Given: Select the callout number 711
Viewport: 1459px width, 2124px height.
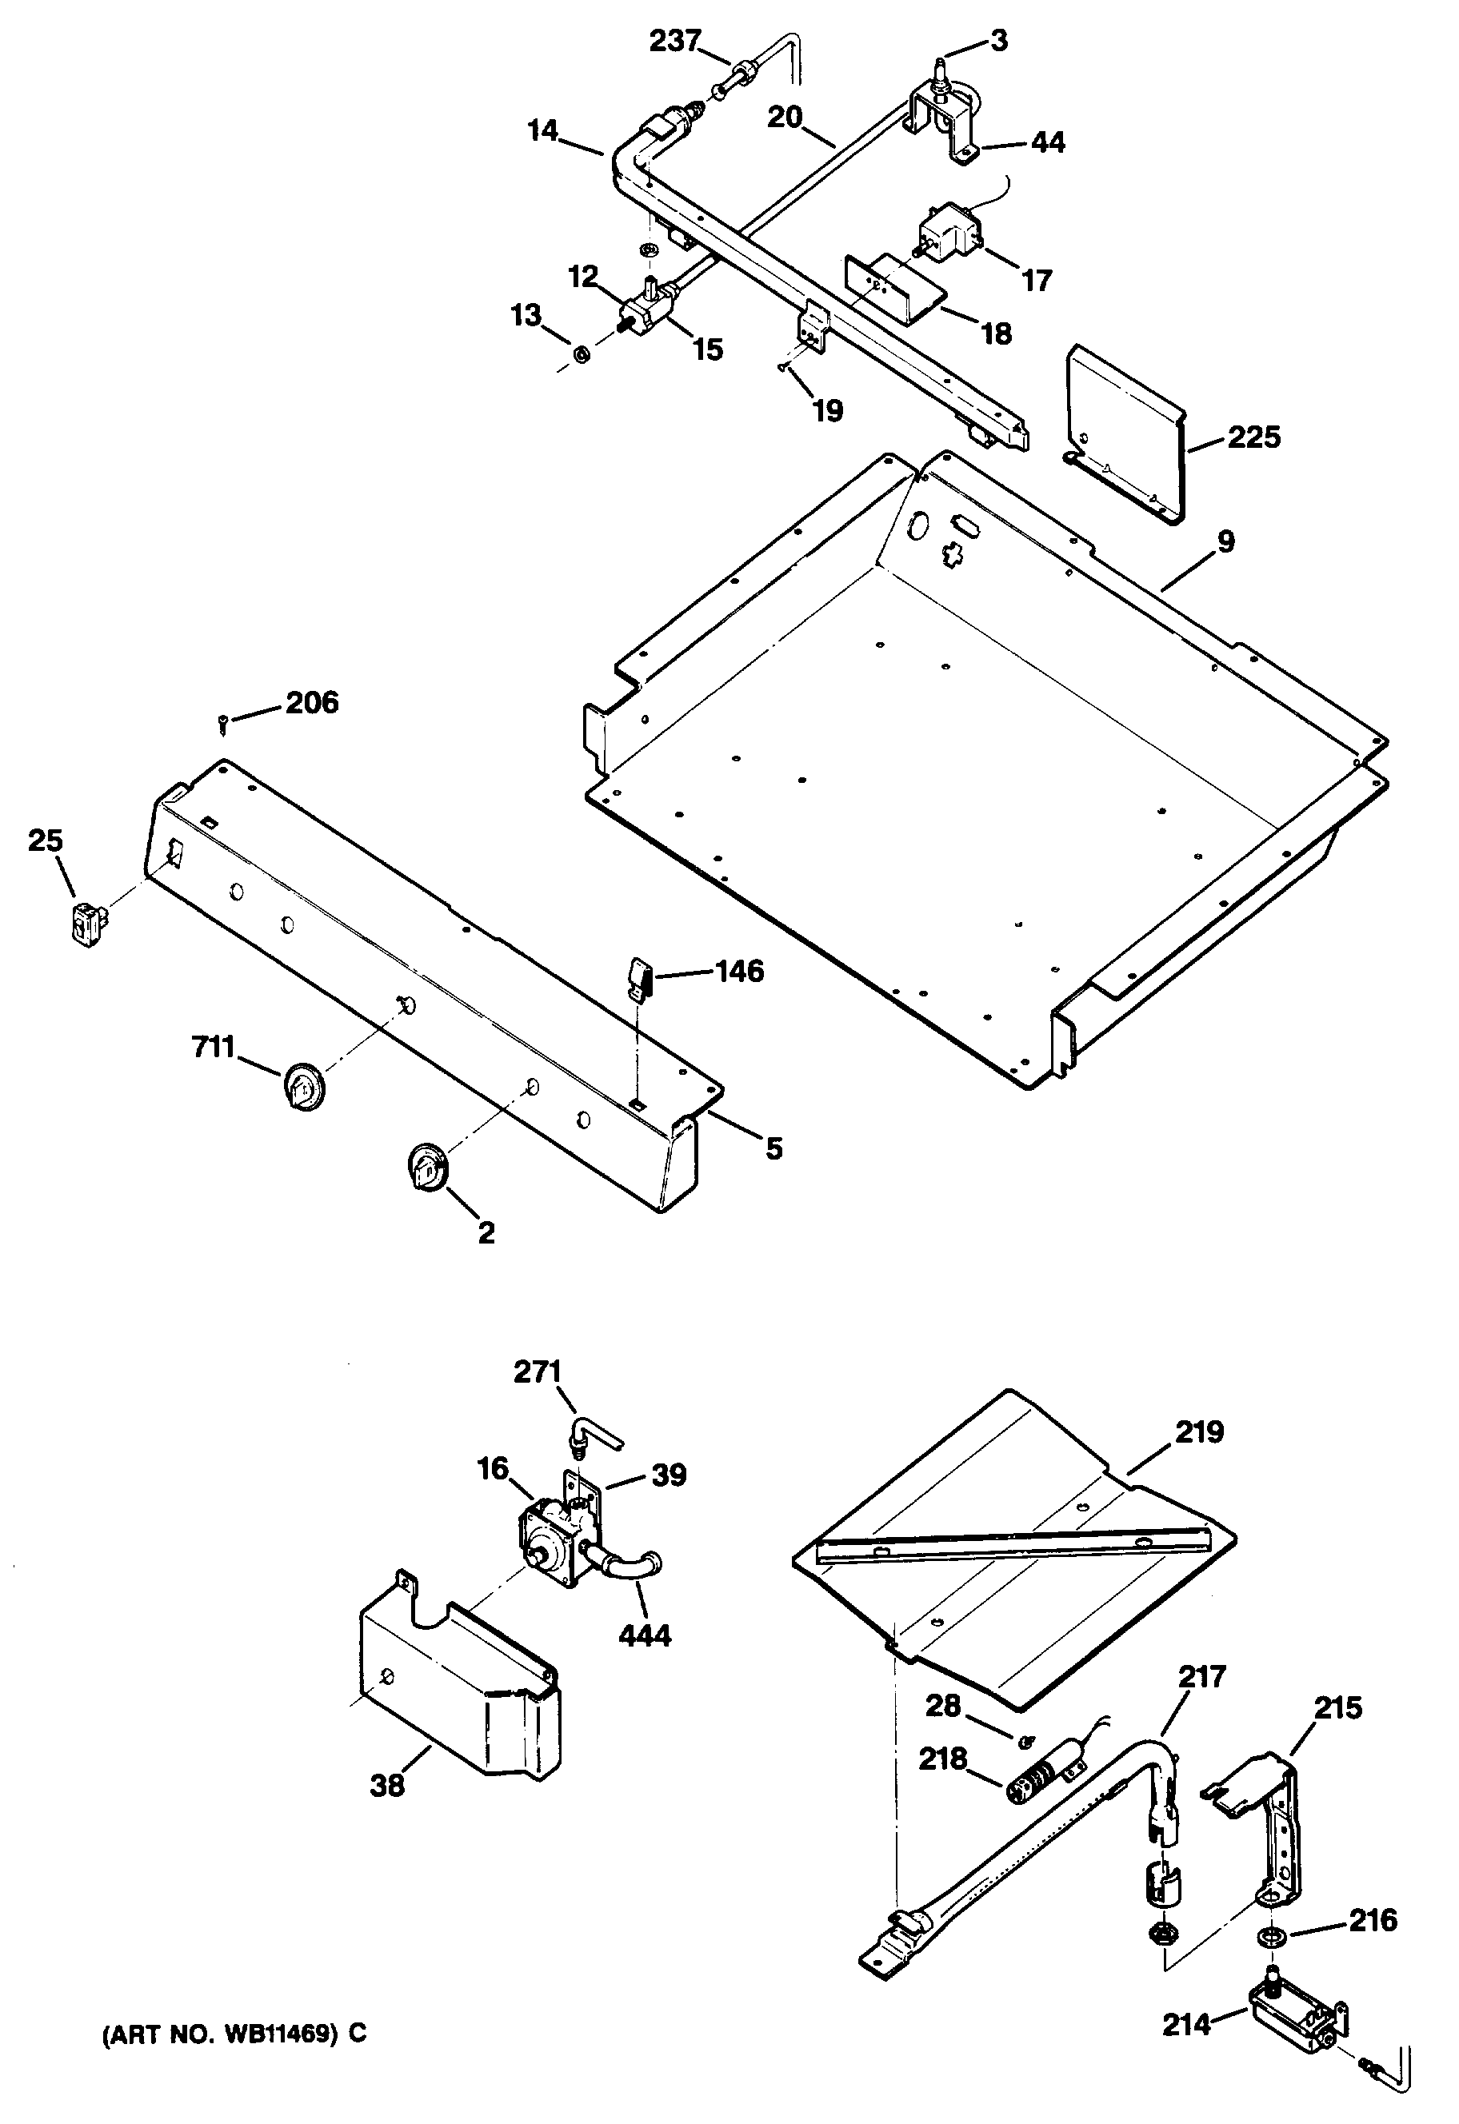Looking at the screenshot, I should coord(213,1047).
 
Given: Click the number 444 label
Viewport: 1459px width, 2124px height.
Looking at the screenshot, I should coord(645,1635).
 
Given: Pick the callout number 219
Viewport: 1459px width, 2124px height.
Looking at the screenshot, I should coord(1198,1431).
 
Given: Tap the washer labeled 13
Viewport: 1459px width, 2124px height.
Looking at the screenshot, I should coord(581,353).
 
